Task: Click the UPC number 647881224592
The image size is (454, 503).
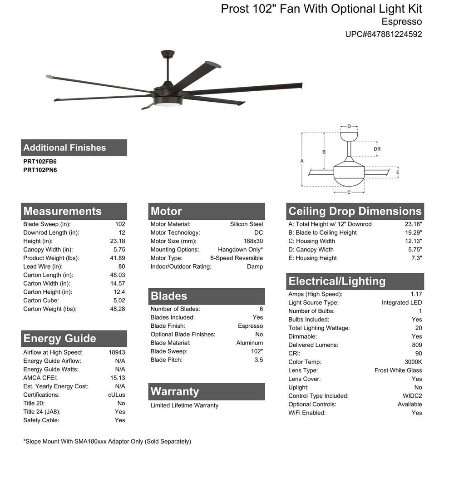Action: (384, 34)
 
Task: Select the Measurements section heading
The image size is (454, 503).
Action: (63, 211)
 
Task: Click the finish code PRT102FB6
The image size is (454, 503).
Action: (40, 161)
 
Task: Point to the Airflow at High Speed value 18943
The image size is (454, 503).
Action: (117, 352)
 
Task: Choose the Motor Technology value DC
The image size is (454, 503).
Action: (258, 232)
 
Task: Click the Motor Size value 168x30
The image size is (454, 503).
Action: (253, 241)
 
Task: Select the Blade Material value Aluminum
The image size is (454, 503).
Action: (249, 343)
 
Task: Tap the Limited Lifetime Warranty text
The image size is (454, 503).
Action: (184, 405)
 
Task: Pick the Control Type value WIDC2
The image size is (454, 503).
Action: (412, 396)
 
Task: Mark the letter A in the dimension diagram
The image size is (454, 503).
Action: (302, 160)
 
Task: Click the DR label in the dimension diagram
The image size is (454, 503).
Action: (377, 149)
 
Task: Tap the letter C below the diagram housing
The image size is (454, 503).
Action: (349, 192)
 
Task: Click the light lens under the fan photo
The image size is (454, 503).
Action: (168, 104)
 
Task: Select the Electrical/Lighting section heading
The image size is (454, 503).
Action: (337, 281)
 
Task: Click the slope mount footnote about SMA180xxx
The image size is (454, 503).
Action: (107, 441)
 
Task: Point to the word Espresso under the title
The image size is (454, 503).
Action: (401, 22)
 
